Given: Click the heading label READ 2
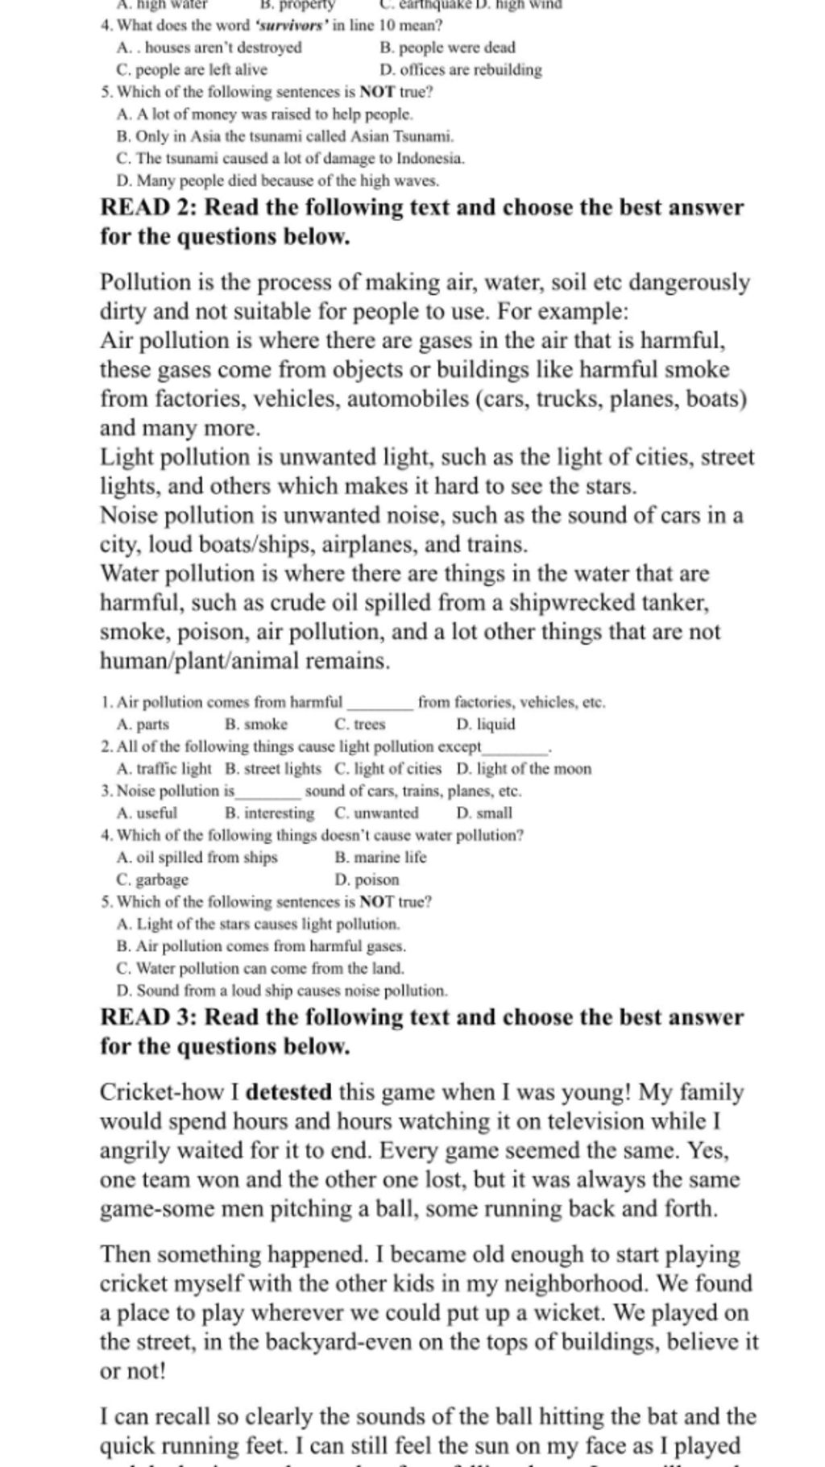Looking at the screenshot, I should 146,208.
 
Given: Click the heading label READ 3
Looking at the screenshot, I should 146,1017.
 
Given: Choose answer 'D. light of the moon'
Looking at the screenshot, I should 523,769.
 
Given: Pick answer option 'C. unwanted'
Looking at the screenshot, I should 376,813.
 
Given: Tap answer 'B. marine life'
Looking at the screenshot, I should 380,858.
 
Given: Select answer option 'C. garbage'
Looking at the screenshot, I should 152,879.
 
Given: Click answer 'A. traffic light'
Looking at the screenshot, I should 164,769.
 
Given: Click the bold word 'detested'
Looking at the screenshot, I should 288,1093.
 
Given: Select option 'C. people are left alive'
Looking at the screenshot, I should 192,70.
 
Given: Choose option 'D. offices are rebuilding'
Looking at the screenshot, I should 460,70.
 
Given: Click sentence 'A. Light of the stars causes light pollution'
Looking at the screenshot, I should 258,924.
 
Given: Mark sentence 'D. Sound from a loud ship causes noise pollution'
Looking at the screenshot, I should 281,990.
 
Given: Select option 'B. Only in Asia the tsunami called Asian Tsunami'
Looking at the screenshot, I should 285,136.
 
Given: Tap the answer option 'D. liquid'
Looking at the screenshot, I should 485,724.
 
